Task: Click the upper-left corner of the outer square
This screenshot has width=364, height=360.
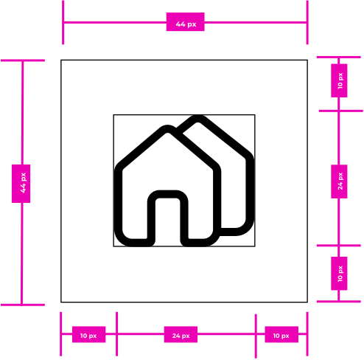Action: [x=61, y=60]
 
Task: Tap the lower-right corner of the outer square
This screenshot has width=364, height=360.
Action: [x=307, y=302]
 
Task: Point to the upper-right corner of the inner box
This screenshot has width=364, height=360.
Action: [x=255, y=114]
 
